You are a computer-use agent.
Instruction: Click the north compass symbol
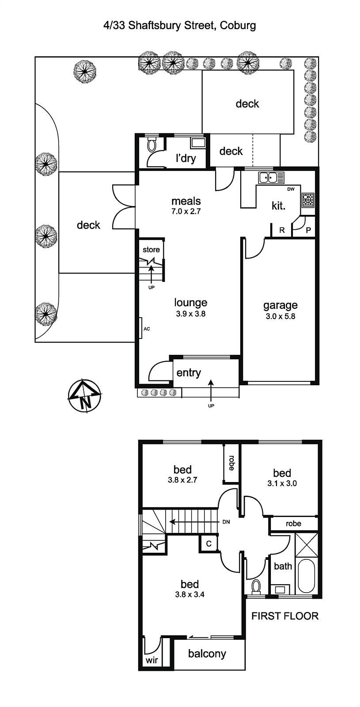click(x=84, y=396)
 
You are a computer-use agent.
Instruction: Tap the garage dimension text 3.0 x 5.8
click(x=280, y=316)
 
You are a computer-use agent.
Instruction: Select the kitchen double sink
click(x=271, y=178)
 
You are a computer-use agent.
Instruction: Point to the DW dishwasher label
click(x=291, y=189)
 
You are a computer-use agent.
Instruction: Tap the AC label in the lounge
click(x=147, y=329)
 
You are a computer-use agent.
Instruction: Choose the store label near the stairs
click(x=151, y=250)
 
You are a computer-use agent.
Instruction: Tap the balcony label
click(x=207, y=654)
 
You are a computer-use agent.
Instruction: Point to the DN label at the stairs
click(x=226, y=522)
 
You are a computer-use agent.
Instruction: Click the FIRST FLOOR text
click(x=285, y=616)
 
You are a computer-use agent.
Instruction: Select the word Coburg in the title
click(x=238, y=25)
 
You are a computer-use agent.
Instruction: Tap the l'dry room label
click(x=186, y=158)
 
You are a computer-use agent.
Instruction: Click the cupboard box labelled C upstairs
click(x=208, y=544)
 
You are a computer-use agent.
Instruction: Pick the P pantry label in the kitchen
click(x=308, y=230)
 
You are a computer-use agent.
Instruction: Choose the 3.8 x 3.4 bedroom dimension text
click(x=189, y=594)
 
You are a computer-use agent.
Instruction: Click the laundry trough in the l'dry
click(x=198, y=143)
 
